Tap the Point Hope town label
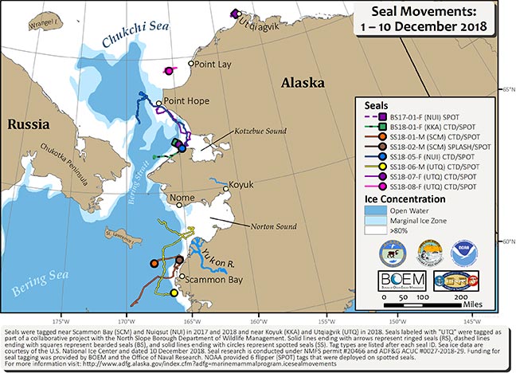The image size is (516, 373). pos(185,102)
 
